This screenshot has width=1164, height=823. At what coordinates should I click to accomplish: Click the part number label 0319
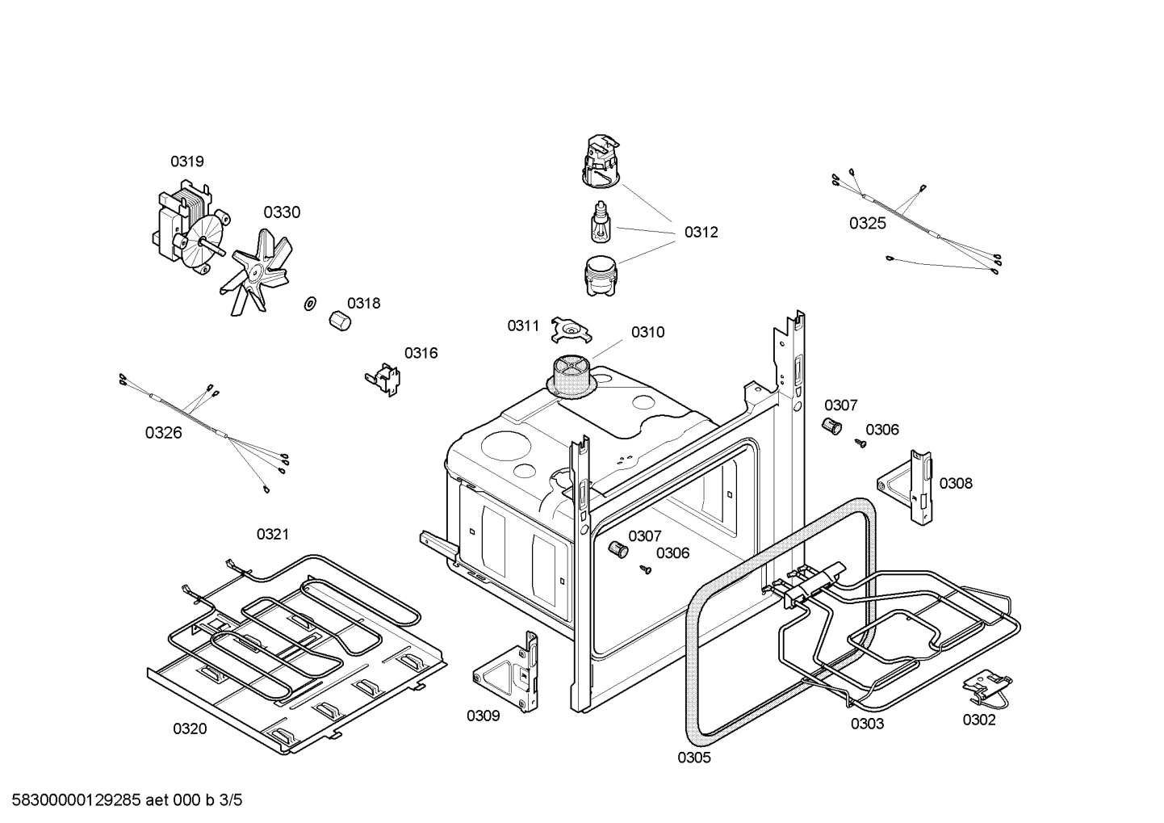[x=186, y=162]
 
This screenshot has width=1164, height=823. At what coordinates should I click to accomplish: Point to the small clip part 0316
[x=383, y=379]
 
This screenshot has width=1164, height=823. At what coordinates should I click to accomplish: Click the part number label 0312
[x=701, y=233]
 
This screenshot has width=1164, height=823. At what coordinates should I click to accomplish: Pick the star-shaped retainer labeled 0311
[x=572, y=329]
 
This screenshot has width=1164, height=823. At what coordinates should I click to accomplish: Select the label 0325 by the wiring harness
[x=867, y=224]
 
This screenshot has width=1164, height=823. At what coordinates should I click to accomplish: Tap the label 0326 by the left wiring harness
[x=163, y=433]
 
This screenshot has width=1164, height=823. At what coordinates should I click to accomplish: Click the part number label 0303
[x=866, y=724]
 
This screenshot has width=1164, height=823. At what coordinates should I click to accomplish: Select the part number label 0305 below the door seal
[x=693, y=758]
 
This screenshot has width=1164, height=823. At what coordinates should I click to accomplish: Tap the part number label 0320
[x=189, y=729]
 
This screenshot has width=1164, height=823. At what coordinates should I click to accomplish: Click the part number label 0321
[x=272, y=535]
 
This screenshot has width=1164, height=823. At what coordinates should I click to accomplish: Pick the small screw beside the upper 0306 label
[x=860, y=443]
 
